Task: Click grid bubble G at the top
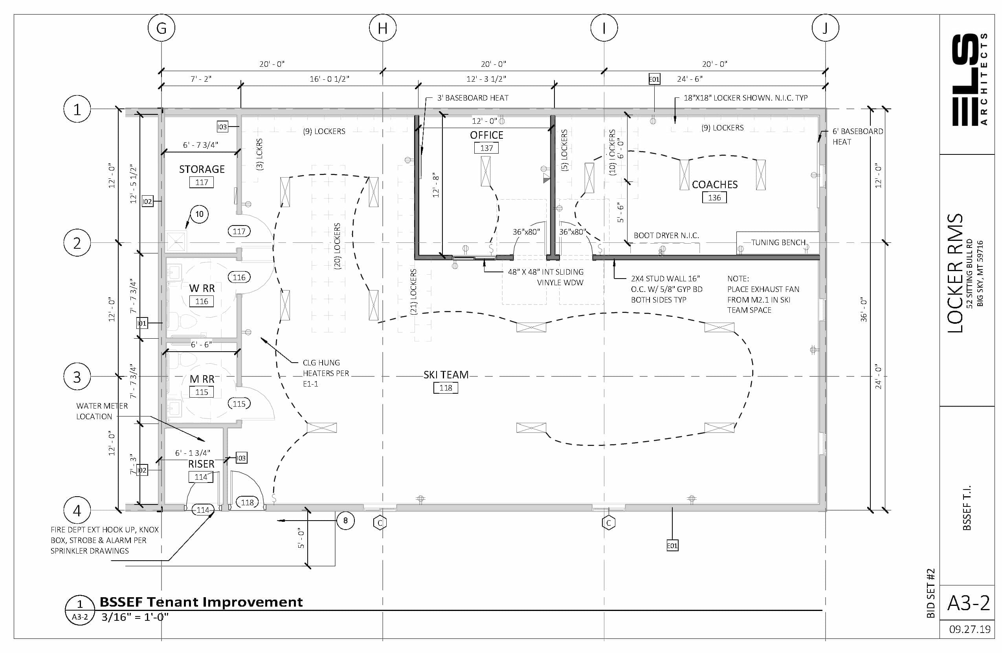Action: coord(161,28)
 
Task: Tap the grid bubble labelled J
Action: coord(825,28)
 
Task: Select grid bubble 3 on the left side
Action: coord(77,377)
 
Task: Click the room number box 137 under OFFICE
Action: coord(486,148)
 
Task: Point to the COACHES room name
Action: coord(714,184)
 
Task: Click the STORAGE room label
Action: coord(202,169)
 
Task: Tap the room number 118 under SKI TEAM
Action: coord(446,388)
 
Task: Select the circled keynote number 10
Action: coord(199,214)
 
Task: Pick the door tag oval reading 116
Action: coord(239,277)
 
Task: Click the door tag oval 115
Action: coord(239,404)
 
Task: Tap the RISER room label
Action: coord(201,464)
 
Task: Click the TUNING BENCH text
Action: coord(778,242)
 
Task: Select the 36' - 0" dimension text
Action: coord(864,310)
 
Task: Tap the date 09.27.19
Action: coord(970,629)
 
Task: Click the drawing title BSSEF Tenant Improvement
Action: coord(201,602)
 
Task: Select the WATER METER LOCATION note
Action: coord(102,411)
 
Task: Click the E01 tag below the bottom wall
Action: coord(672,546)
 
